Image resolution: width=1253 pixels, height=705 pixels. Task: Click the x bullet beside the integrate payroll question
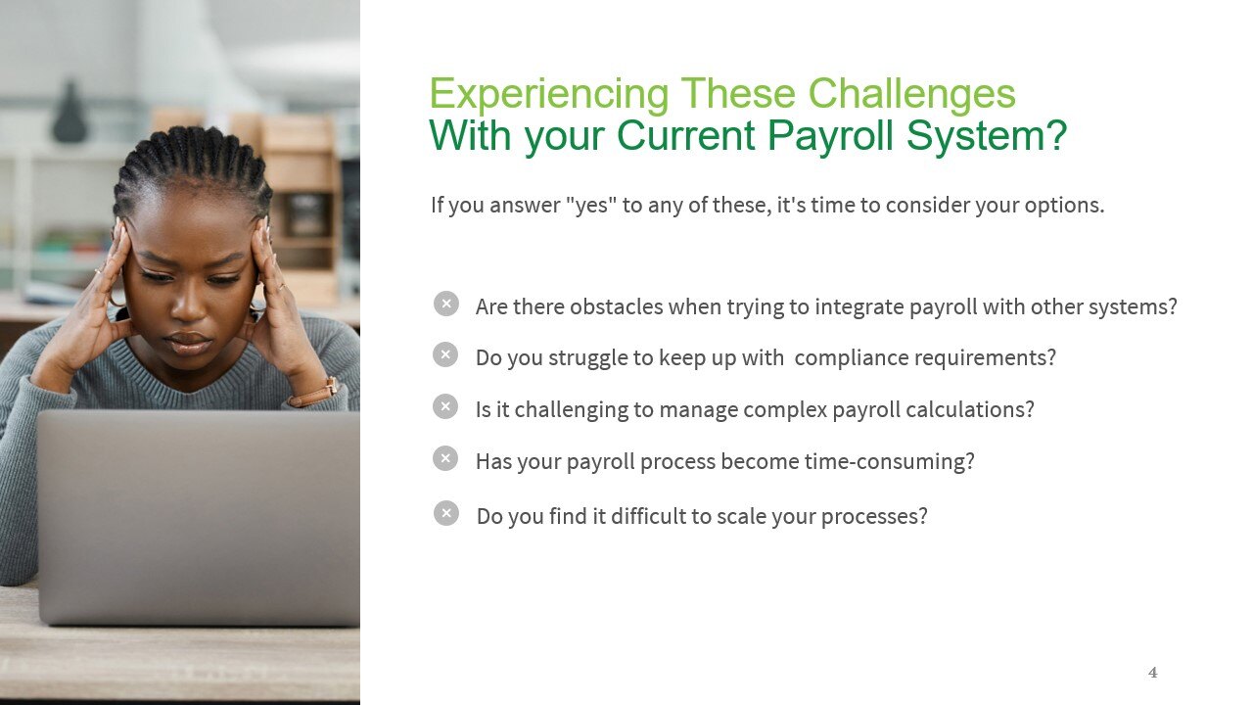[445, 305]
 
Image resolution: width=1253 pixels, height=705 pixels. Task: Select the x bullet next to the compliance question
[445, 355]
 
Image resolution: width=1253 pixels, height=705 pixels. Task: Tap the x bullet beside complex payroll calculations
[445, 407]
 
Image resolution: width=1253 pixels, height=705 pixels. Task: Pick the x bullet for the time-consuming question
[445, 458]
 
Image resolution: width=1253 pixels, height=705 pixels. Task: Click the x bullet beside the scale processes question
[445, 513]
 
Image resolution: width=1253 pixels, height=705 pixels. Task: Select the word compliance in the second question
[850, 357]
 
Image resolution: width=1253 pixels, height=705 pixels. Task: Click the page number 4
[1152, 673]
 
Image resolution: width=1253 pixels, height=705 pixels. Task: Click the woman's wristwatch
[314, 392]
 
